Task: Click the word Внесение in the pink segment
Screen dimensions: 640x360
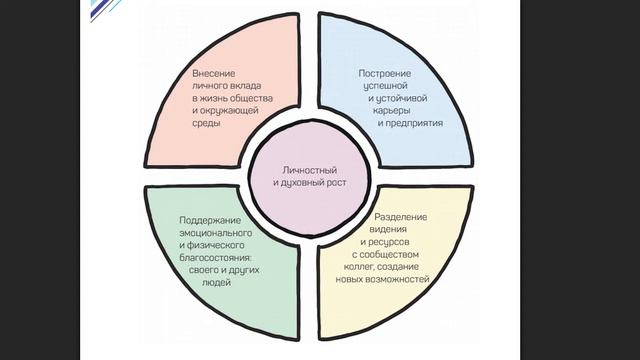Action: (x=215, y=73)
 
